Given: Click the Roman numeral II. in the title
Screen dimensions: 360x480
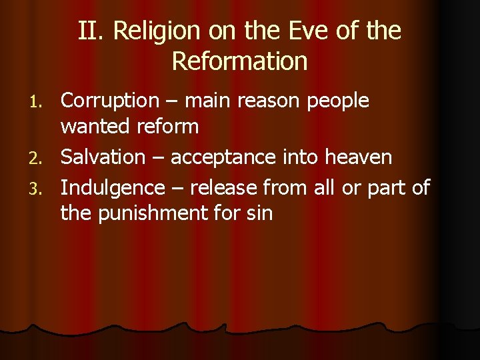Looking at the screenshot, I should [91, 31].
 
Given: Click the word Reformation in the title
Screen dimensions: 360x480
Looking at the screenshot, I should [239, 61].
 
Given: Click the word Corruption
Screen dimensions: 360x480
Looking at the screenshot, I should [109, 101].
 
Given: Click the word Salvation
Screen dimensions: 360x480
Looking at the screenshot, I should [102, 157].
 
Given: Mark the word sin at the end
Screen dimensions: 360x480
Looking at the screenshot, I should [260, 213].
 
